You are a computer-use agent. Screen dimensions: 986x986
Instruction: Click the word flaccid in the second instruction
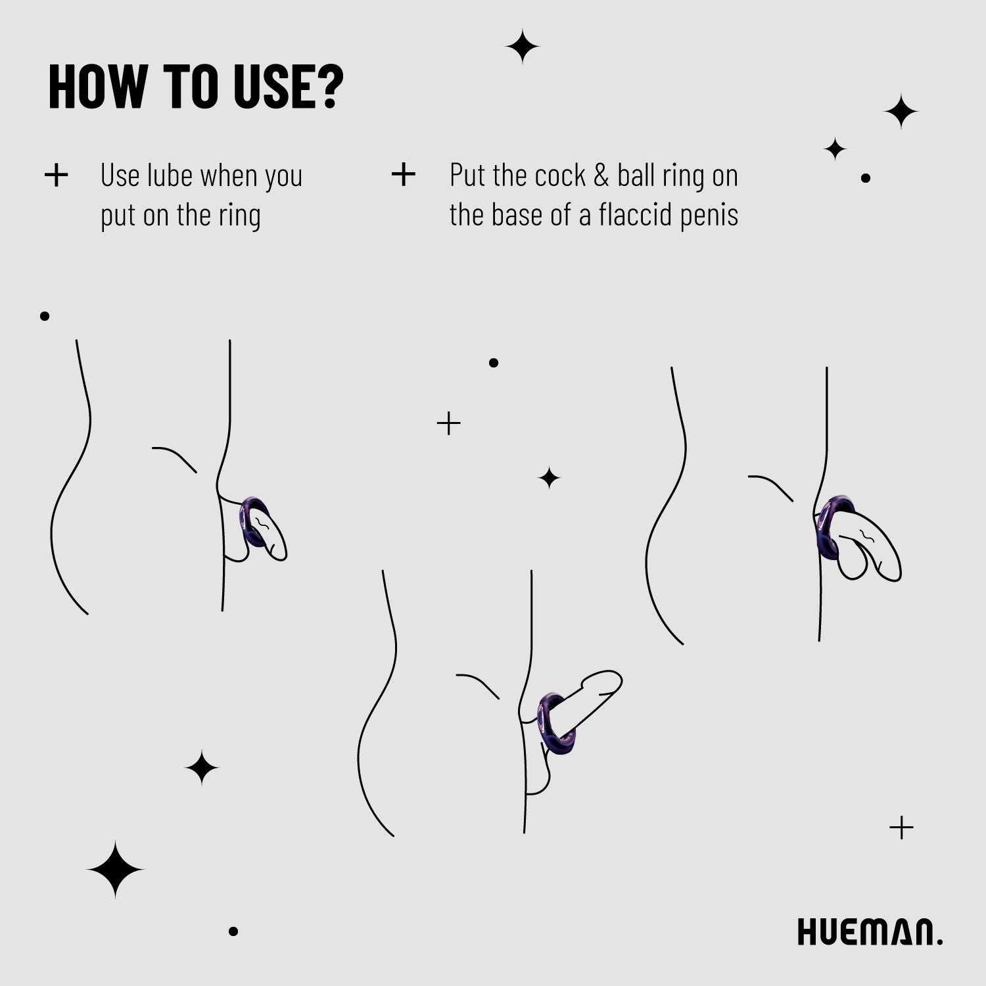[634, 215]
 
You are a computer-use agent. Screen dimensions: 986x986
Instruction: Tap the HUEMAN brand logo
[869, 931]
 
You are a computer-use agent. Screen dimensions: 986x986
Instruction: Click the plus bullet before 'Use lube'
[57, 175]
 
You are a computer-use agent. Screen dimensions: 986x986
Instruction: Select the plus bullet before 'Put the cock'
[403, 175]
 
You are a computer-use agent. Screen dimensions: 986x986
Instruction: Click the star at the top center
[523, 47]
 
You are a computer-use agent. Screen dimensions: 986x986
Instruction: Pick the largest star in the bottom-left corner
[115, 869]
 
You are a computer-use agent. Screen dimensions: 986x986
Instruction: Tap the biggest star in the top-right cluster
[901, 112]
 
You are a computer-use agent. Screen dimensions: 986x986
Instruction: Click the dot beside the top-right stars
[866, 178]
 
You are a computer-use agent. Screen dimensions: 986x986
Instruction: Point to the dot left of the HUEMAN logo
[233, 931]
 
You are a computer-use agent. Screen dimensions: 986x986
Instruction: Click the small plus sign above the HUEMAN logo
[901, 828]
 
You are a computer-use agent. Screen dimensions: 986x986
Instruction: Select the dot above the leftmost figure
[45, 316]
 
